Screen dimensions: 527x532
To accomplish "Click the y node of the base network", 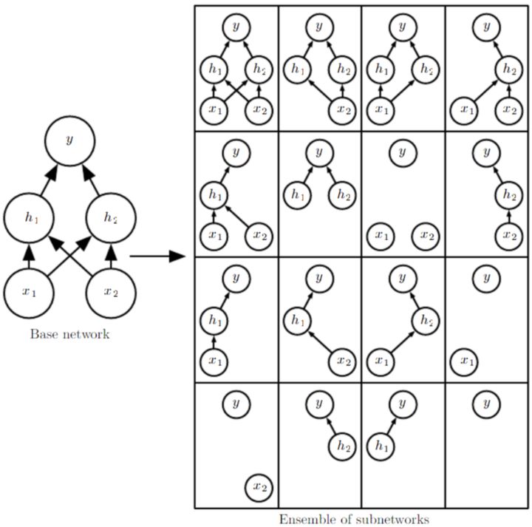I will click(70, 140).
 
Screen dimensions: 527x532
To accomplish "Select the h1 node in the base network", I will click(29, 217).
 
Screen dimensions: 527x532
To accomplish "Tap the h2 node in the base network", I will click(112, 217).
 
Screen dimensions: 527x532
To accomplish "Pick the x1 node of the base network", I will click(29, 291).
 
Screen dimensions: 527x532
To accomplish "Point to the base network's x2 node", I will click(112, 291).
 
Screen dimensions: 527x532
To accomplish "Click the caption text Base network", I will click(69, 334).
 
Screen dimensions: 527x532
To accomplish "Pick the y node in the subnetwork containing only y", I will click(486, 404).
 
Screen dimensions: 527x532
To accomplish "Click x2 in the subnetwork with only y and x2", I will click(258, 486).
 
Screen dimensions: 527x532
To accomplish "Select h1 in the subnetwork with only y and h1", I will click(381, 446).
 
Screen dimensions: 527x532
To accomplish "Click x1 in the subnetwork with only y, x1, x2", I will click(381, 236).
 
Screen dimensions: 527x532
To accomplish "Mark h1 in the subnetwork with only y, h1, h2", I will click(297, 195).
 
